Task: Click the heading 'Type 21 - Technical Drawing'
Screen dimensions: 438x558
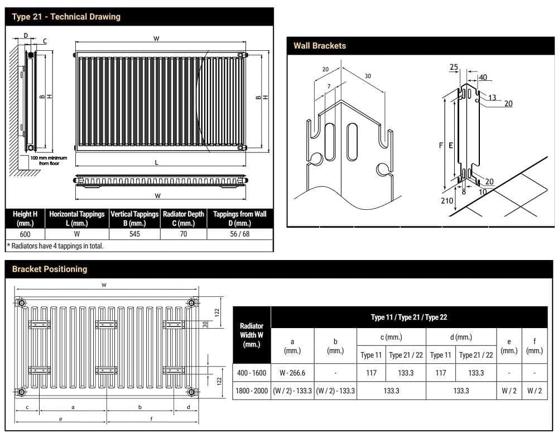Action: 66,17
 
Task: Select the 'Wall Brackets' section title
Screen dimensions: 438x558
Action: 320,46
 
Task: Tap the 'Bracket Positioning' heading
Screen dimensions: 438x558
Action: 50,269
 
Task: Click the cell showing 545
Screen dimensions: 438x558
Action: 134,234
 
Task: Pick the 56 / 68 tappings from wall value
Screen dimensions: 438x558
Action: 239,234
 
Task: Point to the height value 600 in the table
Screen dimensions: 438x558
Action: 25,234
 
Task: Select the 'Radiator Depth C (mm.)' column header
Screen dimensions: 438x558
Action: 183,218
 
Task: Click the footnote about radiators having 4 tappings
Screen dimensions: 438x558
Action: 55,246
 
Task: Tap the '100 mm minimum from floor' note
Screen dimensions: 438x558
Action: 49,161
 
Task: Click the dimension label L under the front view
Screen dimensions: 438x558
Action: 157,162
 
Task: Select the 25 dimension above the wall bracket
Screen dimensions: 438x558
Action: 454,68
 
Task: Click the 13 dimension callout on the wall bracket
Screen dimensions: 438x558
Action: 492,98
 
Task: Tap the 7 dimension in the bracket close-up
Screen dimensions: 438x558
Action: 329,86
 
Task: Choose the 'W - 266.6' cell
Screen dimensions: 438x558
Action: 292,373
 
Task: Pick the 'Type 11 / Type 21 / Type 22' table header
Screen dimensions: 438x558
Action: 409,317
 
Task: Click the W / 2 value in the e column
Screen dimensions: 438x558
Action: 509,391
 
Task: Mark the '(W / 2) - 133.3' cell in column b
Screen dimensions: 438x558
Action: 335,391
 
